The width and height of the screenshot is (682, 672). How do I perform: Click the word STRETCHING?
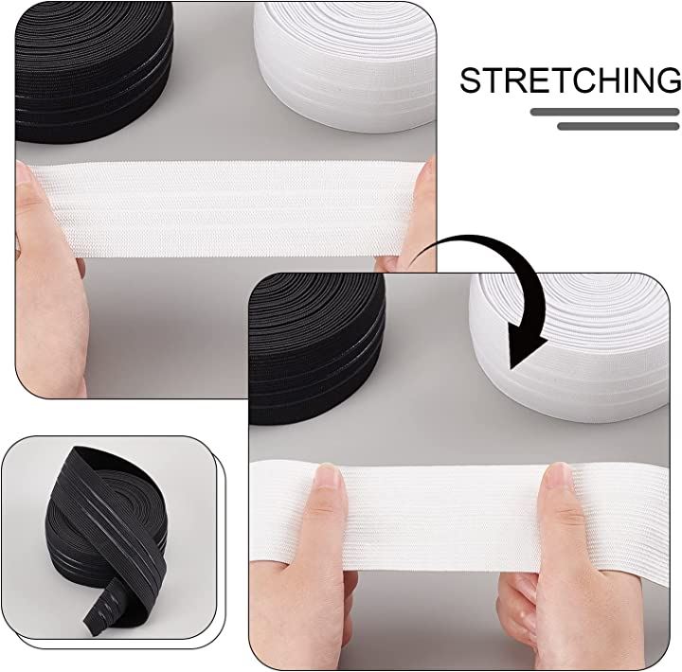tap(570, 80)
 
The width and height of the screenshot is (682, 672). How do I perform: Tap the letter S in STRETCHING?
tap(471, 80)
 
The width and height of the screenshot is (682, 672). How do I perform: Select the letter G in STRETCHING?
tap(668, 80)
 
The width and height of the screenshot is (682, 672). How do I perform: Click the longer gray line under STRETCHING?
tap(604, 112)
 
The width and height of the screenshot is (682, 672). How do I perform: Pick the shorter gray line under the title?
tap(618, 126)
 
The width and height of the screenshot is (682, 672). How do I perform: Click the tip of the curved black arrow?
tap(511, 368)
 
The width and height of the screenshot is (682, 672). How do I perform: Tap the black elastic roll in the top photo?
tap(94, 72)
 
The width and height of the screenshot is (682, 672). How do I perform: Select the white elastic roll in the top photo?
tap(345, 65)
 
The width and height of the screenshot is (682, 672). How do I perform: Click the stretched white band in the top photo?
tap(226, 208)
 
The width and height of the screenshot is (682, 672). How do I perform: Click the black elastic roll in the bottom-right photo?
tap(316, 347)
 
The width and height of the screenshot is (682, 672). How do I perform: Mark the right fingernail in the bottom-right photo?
tap(558, 475)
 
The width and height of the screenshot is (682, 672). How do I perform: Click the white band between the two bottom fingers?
tap(443, 518)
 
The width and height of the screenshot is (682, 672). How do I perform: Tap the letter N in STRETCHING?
tap(639, 80)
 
